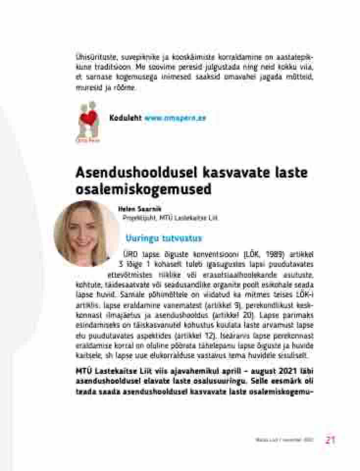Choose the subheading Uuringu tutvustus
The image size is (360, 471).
[164, 238]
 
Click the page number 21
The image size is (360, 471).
[330, 440]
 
